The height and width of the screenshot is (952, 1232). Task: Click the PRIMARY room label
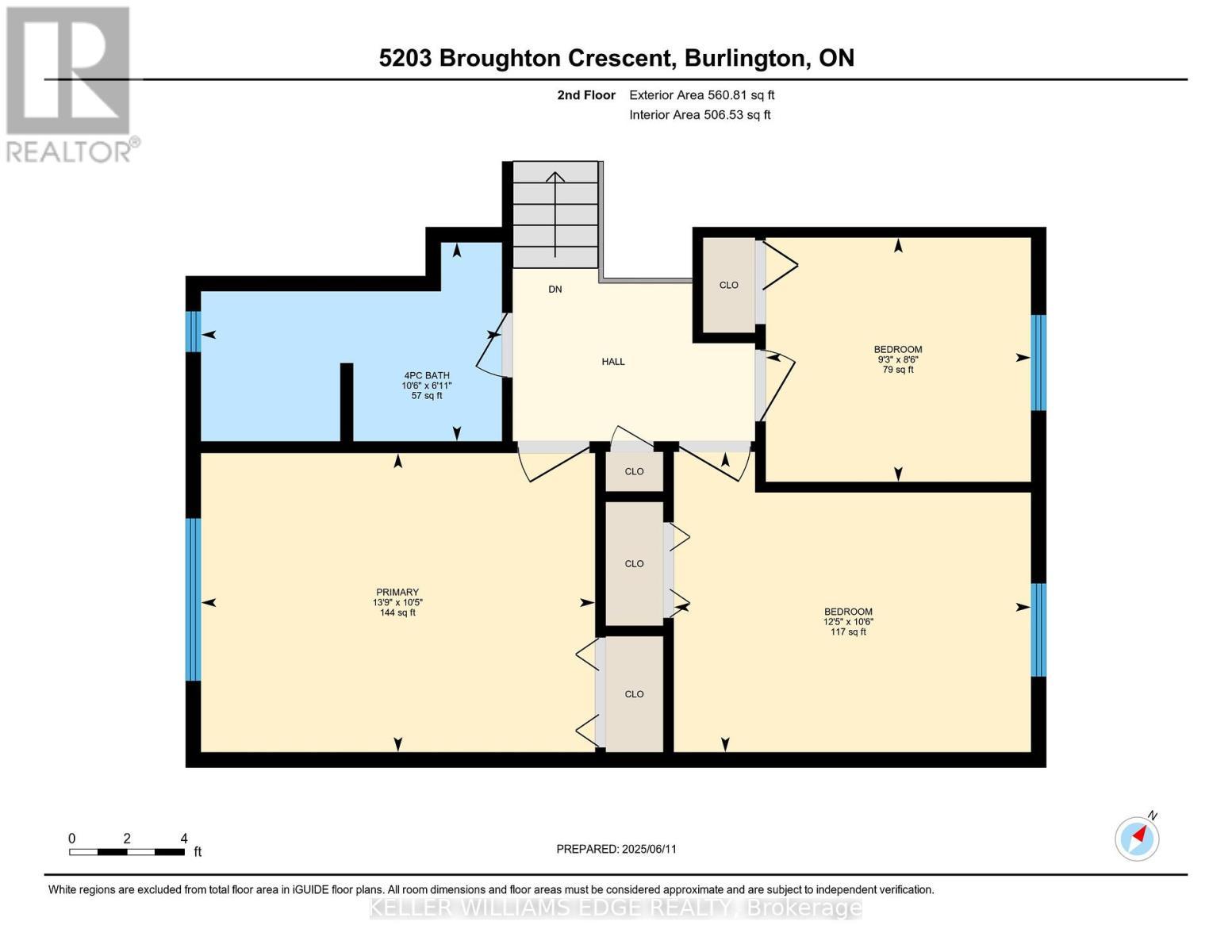tap(397, 592)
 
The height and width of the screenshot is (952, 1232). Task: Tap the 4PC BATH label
tap(427, 375)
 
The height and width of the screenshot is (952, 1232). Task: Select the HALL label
tap(613, 362)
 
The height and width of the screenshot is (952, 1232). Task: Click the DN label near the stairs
tap(555, 290)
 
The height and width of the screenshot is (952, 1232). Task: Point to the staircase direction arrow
tap(555, 214)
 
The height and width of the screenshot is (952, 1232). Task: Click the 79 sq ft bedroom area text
tap(898, 370)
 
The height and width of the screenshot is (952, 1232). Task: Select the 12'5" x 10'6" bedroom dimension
tap(848, 622)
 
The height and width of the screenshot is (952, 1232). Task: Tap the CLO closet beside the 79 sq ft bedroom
tap(728, 286)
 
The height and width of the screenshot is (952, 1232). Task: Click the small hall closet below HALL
tap(634, 472)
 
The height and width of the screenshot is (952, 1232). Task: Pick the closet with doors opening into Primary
tap(634, 694)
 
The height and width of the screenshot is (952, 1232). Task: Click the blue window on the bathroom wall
tap(193, 331)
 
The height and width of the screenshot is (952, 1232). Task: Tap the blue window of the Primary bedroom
tap(193, 600)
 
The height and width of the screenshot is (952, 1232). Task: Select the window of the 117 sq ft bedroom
tap(1038, 630)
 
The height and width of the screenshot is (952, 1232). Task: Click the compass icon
tap(1137, 839)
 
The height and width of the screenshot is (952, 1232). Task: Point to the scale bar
tap(127, 852)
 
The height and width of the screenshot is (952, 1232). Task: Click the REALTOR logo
tap(70, 83)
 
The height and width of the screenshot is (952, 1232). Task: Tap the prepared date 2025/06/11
tap(649, 849)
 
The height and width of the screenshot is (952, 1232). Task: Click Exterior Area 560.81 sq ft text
tap(701, 95)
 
